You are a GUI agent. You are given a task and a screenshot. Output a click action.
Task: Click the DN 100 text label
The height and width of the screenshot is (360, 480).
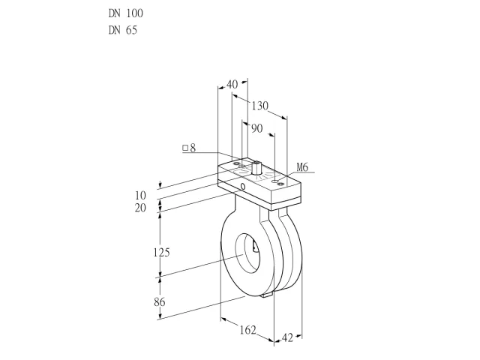click(x=126, y=13)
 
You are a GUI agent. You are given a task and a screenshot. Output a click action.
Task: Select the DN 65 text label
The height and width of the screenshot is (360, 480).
click(x=123, y=30)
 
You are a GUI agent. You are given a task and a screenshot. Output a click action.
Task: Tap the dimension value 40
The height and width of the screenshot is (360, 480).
click(x=232, y=85)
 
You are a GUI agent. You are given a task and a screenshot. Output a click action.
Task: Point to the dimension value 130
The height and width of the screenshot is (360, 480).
click(x=260, y=106)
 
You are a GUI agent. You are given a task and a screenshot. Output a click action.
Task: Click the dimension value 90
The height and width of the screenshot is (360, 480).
click(x=257, y=128)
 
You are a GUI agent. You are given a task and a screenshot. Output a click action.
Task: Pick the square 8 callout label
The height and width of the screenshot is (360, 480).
click(x=189, y=148)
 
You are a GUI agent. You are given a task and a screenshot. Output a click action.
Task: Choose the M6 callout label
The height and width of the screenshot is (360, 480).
click(x=302, y=167)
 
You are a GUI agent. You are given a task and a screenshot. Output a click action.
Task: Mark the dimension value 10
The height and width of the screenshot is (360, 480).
click(x=140, y=195)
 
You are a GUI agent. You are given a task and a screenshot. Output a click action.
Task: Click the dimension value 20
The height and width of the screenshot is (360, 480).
click(x=140, y=208)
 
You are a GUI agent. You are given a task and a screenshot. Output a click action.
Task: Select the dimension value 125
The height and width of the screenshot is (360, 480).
click(x=161, y=253)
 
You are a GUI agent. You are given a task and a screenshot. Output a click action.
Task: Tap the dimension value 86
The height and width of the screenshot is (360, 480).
click(x=160, y=302)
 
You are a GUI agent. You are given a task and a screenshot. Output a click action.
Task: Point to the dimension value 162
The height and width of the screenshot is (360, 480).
click(x=247, y=330)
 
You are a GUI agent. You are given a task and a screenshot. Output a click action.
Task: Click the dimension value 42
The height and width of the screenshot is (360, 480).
click(x=287, y=338)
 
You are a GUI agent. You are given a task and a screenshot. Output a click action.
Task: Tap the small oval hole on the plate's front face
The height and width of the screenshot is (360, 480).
click(x=243, y=186)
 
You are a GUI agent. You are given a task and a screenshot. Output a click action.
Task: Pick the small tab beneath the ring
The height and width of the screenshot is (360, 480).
click(x=267, y=295)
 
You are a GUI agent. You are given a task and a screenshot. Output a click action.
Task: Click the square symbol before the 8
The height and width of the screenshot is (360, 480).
click(x=185, y=148)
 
